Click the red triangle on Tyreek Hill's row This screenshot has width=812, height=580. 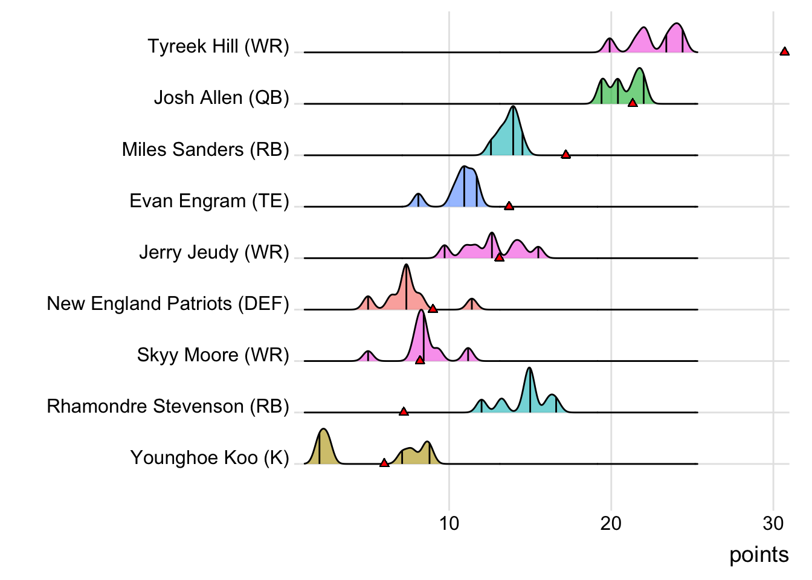click(x=784, y=51)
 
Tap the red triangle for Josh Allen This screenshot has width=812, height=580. click(x=633, y=103)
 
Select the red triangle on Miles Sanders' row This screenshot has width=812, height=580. click(x=565, y=154)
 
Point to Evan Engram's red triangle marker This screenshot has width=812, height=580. click(x=509, y=205)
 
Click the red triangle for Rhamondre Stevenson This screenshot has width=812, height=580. click(x=404, y=411)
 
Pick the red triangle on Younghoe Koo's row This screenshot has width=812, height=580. click(x=384, y=463)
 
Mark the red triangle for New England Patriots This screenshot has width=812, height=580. click(x=433, y=309)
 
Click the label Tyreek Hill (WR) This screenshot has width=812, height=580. click(x=218, y=47)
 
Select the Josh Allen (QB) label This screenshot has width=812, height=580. click(x=221, y=98)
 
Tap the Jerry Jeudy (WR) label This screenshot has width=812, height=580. click(x=214, y=252)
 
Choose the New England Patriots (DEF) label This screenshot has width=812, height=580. click(x=168, y=303)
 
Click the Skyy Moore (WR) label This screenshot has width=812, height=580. click(x=213, y=355)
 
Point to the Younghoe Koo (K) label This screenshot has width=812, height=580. click(x=210, y=458)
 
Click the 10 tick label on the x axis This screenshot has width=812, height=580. click(x=449, y=523)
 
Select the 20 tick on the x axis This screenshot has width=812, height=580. click(x=611, y=523)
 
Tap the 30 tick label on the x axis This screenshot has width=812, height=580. click(x=773, y=523)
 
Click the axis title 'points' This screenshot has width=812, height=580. click(x=759, y=555)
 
